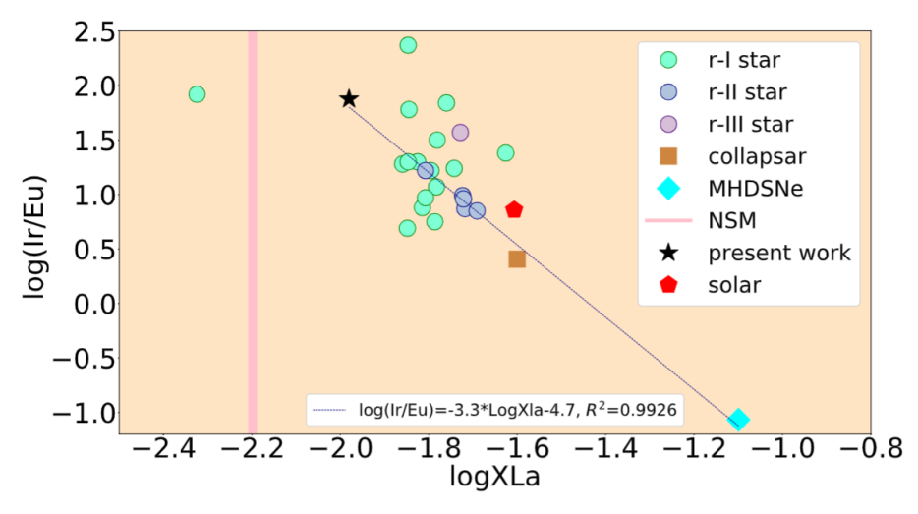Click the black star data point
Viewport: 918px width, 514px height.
coord(349,99)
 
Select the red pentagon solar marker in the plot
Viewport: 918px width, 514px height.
coord(514,209)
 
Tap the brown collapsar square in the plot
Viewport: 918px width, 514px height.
coord(517,258)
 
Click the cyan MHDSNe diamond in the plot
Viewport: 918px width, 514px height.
coord(739,420)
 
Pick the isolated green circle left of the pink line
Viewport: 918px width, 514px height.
coord(197,94)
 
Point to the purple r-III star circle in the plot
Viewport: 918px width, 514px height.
coord(460,132)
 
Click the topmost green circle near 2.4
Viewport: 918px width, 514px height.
coord(408,45)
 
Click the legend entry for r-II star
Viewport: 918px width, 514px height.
coord(747,92)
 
